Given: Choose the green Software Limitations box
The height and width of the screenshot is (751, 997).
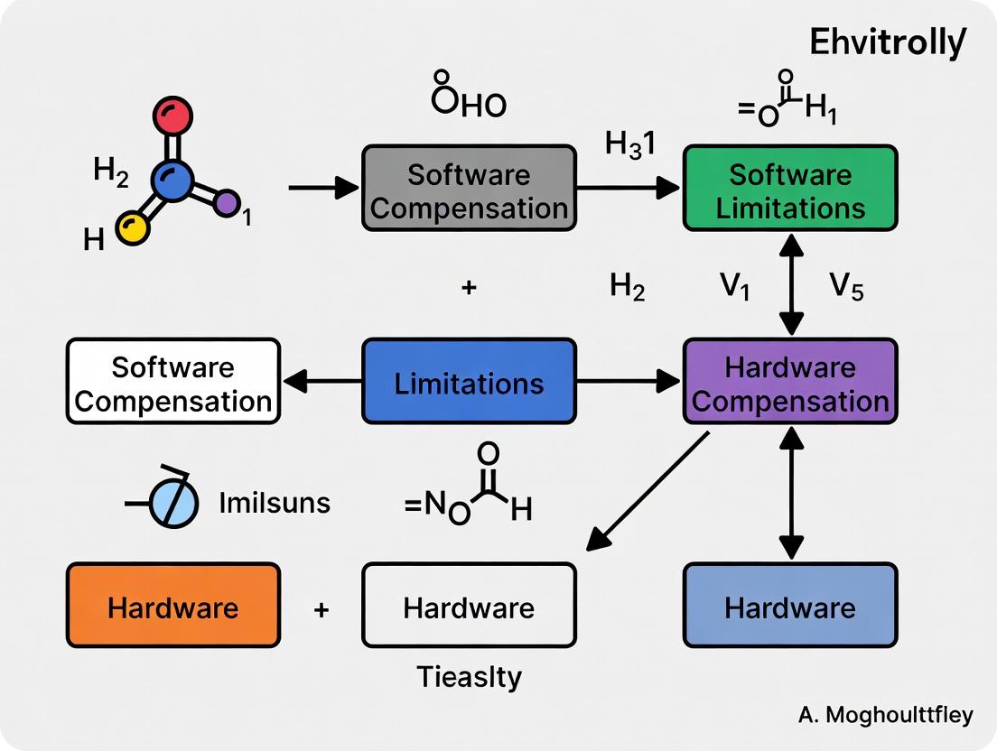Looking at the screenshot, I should pyautogui.click(x=790, y=189).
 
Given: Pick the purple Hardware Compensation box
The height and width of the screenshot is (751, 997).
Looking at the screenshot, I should pyautogui.click(x=790, y=382).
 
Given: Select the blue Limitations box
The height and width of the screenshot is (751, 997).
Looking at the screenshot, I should pyautogui.click(x=469, y=382).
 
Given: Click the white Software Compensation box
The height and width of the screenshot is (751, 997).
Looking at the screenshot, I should pyautogui.click(x=173, y=382).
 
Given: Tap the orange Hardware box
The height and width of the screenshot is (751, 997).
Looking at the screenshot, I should pyautogui.click(x=173, y=606).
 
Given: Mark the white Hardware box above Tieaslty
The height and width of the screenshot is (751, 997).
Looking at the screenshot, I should pyautogui.click(x=469, y=606).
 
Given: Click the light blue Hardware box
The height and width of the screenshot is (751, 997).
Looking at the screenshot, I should pyautogui.click(x=790, y=606).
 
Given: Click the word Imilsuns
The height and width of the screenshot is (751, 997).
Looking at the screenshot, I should pyautogui.click(x=275, y=503).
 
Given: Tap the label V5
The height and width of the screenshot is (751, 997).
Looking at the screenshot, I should pyautogui.click(x=847, y=289).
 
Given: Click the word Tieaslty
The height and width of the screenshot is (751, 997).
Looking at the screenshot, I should pyautogui.click(x=469, y=676).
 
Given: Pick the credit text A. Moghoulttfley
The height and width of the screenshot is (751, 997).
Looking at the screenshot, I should pyautogui.click(x=885, y=716).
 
